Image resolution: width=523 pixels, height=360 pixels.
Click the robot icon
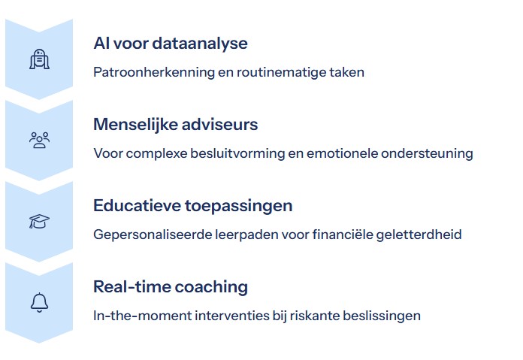pyautogui.click(x=39, y=59)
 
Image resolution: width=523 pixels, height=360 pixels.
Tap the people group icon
pyautogui.click(x=39, y=140)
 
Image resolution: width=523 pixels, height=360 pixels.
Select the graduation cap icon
pyautogui.click(x=39, y=221)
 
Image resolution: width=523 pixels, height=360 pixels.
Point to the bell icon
pyautogui.click(x=39, y=303)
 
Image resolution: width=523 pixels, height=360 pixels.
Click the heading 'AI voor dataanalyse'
pyautogui.click(x=171, y=44)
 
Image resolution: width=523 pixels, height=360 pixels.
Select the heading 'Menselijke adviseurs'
pyautogui.click(x=175, y=124)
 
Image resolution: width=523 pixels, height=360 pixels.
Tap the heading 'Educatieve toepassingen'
pyautogui.click(x=193, y=206)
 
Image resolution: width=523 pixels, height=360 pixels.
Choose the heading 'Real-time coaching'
pyautogui.click(x=171, y=287)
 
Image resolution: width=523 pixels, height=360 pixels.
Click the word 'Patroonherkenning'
pyautogui.click(x=154, y=72)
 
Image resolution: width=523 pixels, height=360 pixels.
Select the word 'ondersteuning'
pyautogui.click(x=427, y=154)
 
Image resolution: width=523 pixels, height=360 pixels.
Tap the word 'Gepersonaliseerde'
pyautogui.click(x=153, y=235)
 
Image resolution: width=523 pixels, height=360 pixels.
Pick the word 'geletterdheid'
pyautogui.click(x=419, y=234)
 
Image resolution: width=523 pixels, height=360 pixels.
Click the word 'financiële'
pyautogui.click(x=343, y=234)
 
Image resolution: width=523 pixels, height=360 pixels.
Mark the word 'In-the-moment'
pyautogui.click(x=143, y=316)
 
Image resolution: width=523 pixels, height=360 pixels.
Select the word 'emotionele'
pyautogui.click(x=342, y=153)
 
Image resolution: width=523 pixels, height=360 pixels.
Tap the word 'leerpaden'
pyautogui.click(x=246, y=235)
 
